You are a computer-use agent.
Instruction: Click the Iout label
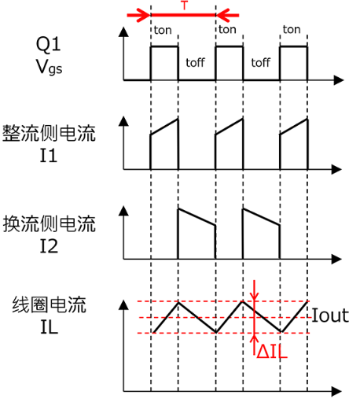pyautogui.click(x=331, y=318)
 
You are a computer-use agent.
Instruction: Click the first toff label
pyautogui.click(x=195, y=61)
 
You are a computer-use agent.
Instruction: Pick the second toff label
pyautogui.click(x=260, y=61)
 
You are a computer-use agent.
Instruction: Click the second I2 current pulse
pyautogui.click(x=260, y=228)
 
